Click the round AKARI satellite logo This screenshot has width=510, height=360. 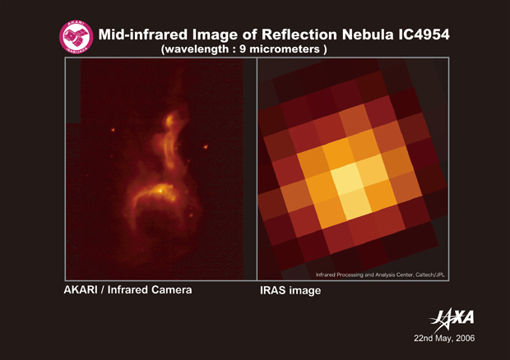(76, 37)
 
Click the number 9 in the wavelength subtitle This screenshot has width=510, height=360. (243, 49)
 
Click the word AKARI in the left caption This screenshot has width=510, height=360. (81, 289)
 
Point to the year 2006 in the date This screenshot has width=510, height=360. (465, 339)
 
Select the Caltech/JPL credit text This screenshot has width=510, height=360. (430, 275)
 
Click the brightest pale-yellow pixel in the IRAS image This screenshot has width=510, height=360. (347, 178)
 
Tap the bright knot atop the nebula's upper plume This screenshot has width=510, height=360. (169, 121)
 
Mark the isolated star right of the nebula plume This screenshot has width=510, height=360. (206, 147)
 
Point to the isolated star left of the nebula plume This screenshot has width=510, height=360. (113, 130)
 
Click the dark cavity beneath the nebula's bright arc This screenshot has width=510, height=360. (157, 224)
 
